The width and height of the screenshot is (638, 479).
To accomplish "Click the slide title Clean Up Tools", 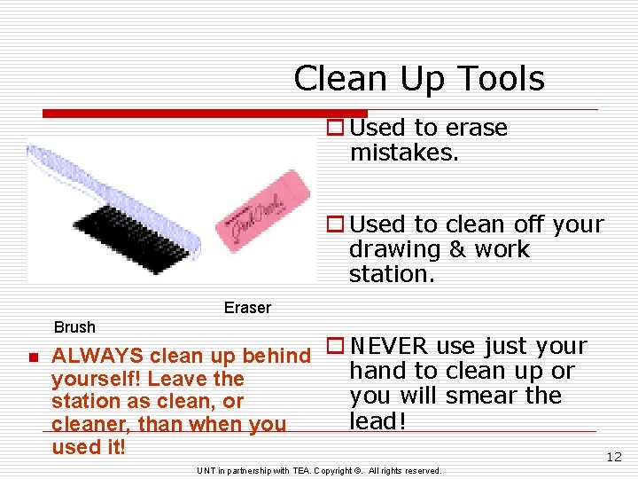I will (418, 79).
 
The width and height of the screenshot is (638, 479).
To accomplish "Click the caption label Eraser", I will (247, 308).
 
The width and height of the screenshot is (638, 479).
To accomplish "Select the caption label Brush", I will (74, 327).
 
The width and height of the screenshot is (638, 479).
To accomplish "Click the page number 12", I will (613, 458).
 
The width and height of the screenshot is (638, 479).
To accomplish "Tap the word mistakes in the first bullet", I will (404, 153).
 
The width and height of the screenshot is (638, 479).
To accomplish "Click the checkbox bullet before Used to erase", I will (335, 129).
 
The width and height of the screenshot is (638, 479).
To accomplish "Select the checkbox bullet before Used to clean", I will (335, 225).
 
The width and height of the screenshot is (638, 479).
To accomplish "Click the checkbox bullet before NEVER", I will (335, 346).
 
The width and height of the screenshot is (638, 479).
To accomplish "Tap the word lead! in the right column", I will (377, 420).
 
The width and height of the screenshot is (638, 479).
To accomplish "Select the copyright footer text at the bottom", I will (319, 470).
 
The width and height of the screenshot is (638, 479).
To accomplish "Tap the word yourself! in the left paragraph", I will (96, 379).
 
